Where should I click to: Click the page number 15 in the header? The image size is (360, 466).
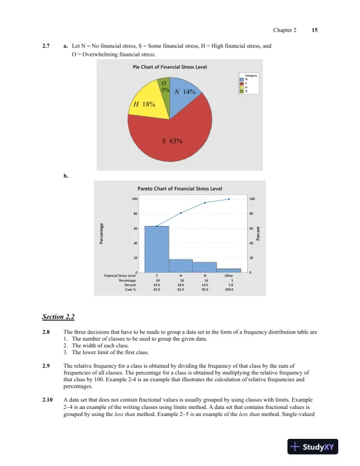tap(315, 29)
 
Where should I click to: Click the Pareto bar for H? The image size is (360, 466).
tap(181, 265)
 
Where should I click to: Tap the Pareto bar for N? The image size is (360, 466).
tap(205, 267)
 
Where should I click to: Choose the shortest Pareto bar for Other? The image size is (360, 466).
tap(229, 270)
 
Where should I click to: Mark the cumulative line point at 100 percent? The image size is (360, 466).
tap(229, 199)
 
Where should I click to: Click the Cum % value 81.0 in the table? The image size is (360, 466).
tap(181, 290)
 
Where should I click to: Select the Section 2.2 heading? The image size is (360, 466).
tap(58, 317)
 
